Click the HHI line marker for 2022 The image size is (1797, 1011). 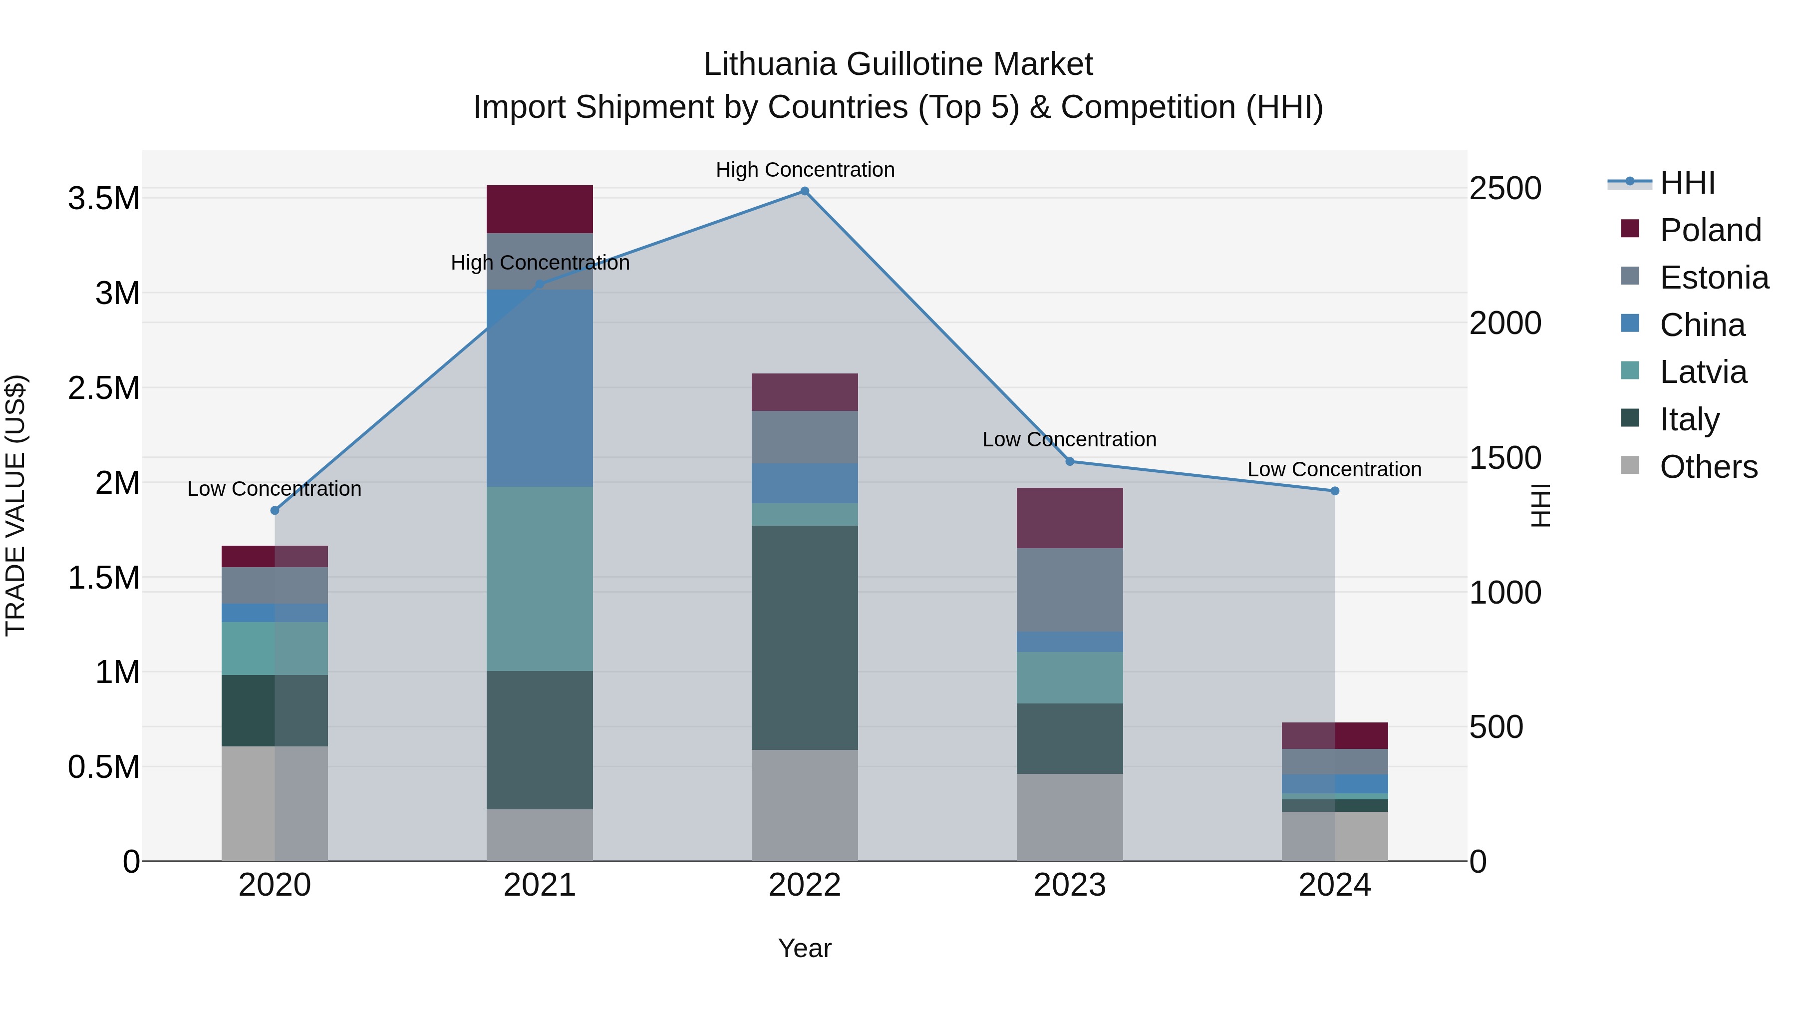coord(804,191)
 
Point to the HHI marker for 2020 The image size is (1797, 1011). coord(275,511)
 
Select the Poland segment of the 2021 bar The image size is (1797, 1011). coord(539,209)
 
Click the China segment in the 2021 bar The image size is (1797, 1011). coord(539,388)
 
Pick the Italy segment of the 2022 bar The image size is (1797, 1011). coord(804,637)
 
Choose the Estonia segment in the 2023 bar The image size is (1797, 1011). coord(1069,590)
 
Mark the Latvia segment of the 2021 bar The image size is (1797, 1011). coord(539,579)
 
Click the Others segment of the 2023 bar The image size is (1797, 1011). coord(1069,817)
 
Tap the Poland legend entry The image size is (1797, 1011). coord(1709,230)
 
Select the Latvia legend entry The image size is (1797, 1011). coord(1702,372)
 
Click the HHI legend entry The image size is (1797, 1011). coord(1686,183)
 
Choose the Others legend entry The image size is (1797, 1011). coord(1708,467)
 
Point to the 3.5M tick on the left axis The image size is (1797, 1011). coord(104,199)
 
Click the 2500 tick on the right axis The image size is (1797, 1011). coord(1504,188)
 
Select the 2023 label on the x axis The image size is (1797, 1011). coord(1069,885)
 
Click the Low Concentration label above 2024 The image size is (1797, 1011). coord(1334,470)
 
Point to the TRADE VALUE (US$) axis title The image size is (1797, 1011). coord(15,505)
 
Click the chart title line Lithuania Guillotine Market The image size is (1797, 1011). coord(898,64)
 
